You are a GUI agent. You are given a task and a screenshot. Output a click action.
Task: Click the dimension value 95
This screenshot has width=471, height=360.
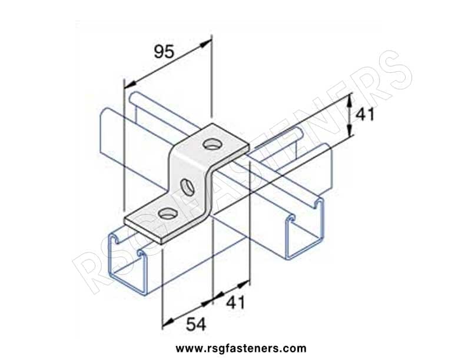coord(164,52)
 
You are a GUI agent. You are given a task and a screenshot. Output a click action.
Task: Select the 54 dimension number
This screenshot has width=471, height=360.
coord(196,324)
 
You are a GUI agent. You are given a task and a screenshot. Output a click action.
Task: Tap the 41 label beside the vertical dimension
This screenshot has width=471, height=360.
coord(365,114)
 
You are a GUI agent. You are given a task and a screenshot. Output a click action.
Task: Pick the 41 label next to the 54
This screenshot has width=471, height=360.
coord(235,302)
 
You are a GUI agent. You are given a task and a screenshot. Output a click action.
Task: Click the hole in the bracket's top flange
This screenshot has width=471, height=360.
coord(211,145)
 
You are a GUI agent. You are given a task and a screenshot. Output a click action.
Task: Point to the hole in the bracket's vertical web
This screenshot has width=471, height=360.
coord(187,187)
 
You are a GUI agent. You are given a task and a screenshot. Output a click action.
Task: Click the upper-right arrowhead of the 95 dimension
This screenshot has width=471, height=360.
coord(205,44)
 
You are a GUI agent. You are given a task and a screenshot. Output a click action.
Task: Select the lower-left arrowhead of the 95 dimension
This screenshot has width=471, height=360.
coord(130,84)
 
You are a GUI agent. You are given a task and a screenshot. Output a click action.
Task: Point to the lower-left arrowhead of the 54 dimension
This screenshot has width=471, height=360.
coord(168,322)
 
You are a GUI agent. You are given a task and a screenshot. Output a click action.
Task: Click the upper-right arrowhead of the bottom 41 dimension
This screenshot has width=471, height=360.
coord(244,284)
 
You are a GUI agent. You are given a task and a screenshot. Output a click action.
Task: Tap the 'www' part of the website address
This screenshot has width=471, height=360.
coord(186,349)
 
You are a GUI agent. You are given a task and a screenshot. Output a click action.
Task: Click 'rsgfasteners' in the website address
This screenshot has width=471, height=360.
coord(238,348)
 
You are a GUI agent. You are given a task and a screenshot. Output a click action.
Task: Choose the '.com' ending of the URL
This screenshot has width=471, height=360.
coord(293,349)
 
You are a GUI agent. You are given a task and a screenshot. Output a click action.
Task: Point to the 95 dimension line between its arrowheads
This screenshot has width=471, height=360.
coord(168,64)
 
